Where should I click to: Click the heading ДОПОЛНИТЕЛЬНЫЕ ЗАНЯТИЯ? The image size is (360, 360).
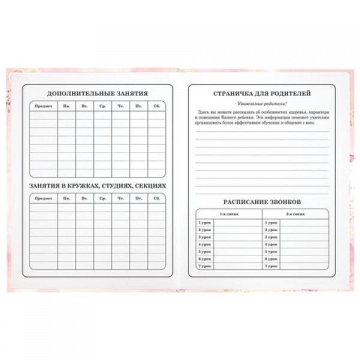point(97,94)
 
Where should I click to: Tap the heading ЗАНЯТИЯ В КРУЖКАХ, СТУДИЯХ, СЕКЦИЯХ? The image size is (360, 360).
point(97,185)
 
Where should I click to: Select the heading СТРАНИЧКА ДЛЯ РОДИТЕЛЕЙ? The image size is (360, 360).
point(262,94)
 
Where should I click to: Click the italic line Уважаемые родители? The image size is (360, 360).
point(262,104)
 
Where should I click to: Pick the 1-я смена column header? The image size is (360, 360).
point(229,214)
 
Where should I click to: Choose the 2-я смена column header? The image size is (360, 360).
point(295,214)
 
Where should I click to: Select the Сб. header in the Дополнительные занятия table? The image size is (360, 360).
point(157,106)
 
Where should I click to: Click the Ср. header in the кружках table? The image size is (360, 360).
point(103,199)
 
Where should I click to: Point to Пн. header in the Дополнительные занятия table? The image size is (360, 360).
point(66,106)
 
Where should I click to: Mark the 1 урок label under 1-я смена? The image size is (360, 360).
point(205,223)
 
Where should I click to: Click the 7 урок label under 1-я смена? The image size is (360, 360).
point(205,266)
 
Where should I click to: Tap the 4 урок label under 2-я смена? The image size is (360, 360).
point(271,244)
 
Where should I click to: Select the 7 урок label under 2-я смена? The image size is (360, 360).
point(271,266)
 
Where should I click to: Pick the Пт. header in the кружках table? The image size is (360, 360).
point(139,199)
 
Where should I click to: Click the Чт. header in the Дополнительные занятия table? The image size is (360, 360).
point(121,106)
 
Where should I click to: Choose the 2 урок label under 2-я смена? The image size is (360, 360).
point(271,230)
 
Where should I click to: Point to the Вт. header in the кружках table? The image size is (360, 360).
point(85,199)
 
